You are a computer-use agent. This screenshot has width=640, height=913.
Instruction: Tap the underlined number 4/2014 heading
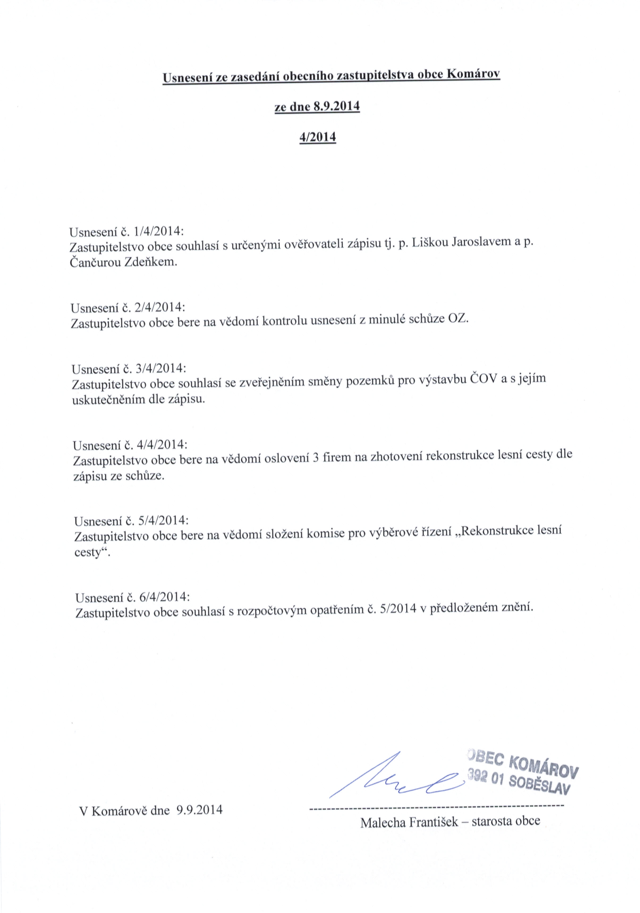[x=318, y=137]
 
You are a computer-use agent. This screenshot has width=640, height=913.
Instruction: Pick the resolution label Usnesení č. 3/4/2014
[x=128, y=369]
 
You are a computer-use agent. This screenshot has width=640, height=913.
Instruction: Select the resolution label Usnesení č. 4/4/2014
[x=130, y=445]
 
